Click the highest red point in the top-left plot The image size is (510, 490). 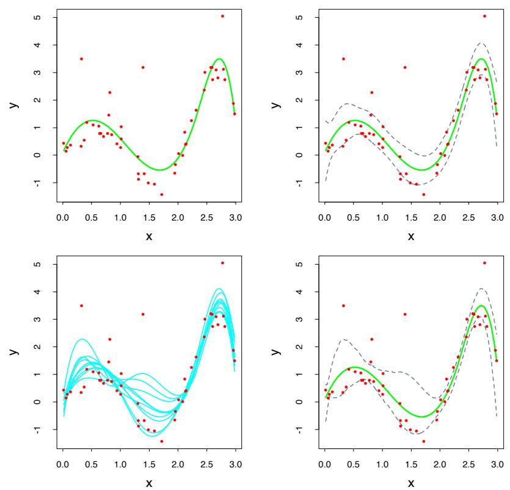[222, 16]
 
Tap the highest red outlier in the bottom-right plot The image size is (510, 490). [484, 263]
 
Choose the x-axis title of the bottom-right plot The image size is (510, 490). [411, 483]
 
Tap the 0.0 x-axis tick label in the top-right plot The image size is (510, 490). [325, 216]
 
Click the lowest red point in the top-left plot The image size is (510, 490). [162, 194]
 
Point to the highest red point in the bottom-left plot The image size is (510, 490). [222, 263]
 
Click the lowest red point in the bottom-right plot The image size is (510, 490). [424, 441]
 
